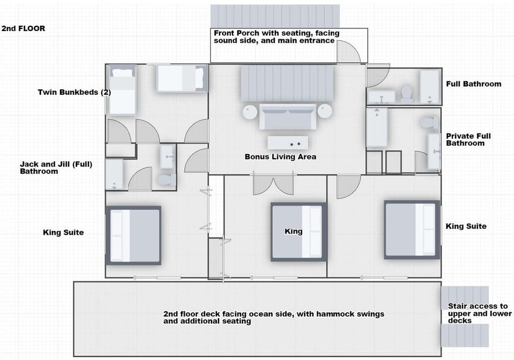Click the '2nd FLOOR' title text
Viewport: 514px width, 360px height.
pyautogui.click(x=23, y=28)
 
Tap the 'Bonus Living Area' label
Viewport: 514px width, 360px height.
pyautogui.click(x=280, y=157)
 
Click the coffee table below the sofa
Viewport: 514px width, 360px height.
pyautogui.click(x=288, y=143)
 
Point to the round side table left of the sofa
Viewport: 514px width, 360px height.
pyautogui.click(x=250, y=111)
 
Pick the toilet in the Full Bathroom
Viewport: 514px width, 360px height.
pyautogui.click(x=406, y=93)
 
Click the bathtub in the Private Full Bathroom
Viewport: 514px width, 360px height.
pyautogui.click(x=376, y=127)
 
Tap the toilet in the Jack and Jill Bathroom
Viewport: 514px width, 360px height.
pyautogui.click(x=168, y=179)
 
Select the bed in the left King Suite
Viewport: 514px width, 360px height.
pyautogui.click(x=133, y=235)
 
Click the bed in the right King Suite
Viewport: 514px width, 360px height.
pyautogui.click(x=412, y=229)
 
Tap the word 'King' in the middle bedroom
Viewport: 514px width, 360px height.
pyautogui.click(x=293, y=231)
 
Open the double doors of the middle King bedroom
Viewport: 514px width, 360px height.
pyautogui.click(x=274, y=185)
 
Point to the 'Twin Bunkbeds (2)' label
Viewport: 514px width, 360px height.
pyautogui.click(x=74, y=92)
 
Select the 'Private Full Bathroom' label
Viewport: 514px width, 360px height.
pyautogui.click(x=468, y=139)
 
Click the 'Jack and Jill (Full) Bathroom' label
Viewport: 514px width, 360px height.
pyautogui.click(x=56, y=168)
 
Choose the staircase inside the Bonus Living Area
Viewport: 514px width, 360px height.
pyautogui.click(x=287, y=83)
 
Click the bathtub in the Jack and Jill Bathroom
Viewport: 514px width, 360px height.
pyautogui.click(x=114, y=175)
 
